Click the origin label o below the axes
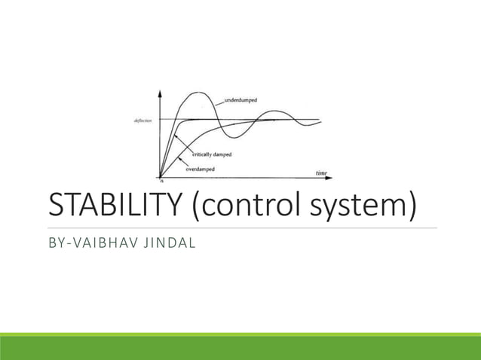tap(161, 182)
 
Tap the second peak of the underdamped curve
tap(266, 114)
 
